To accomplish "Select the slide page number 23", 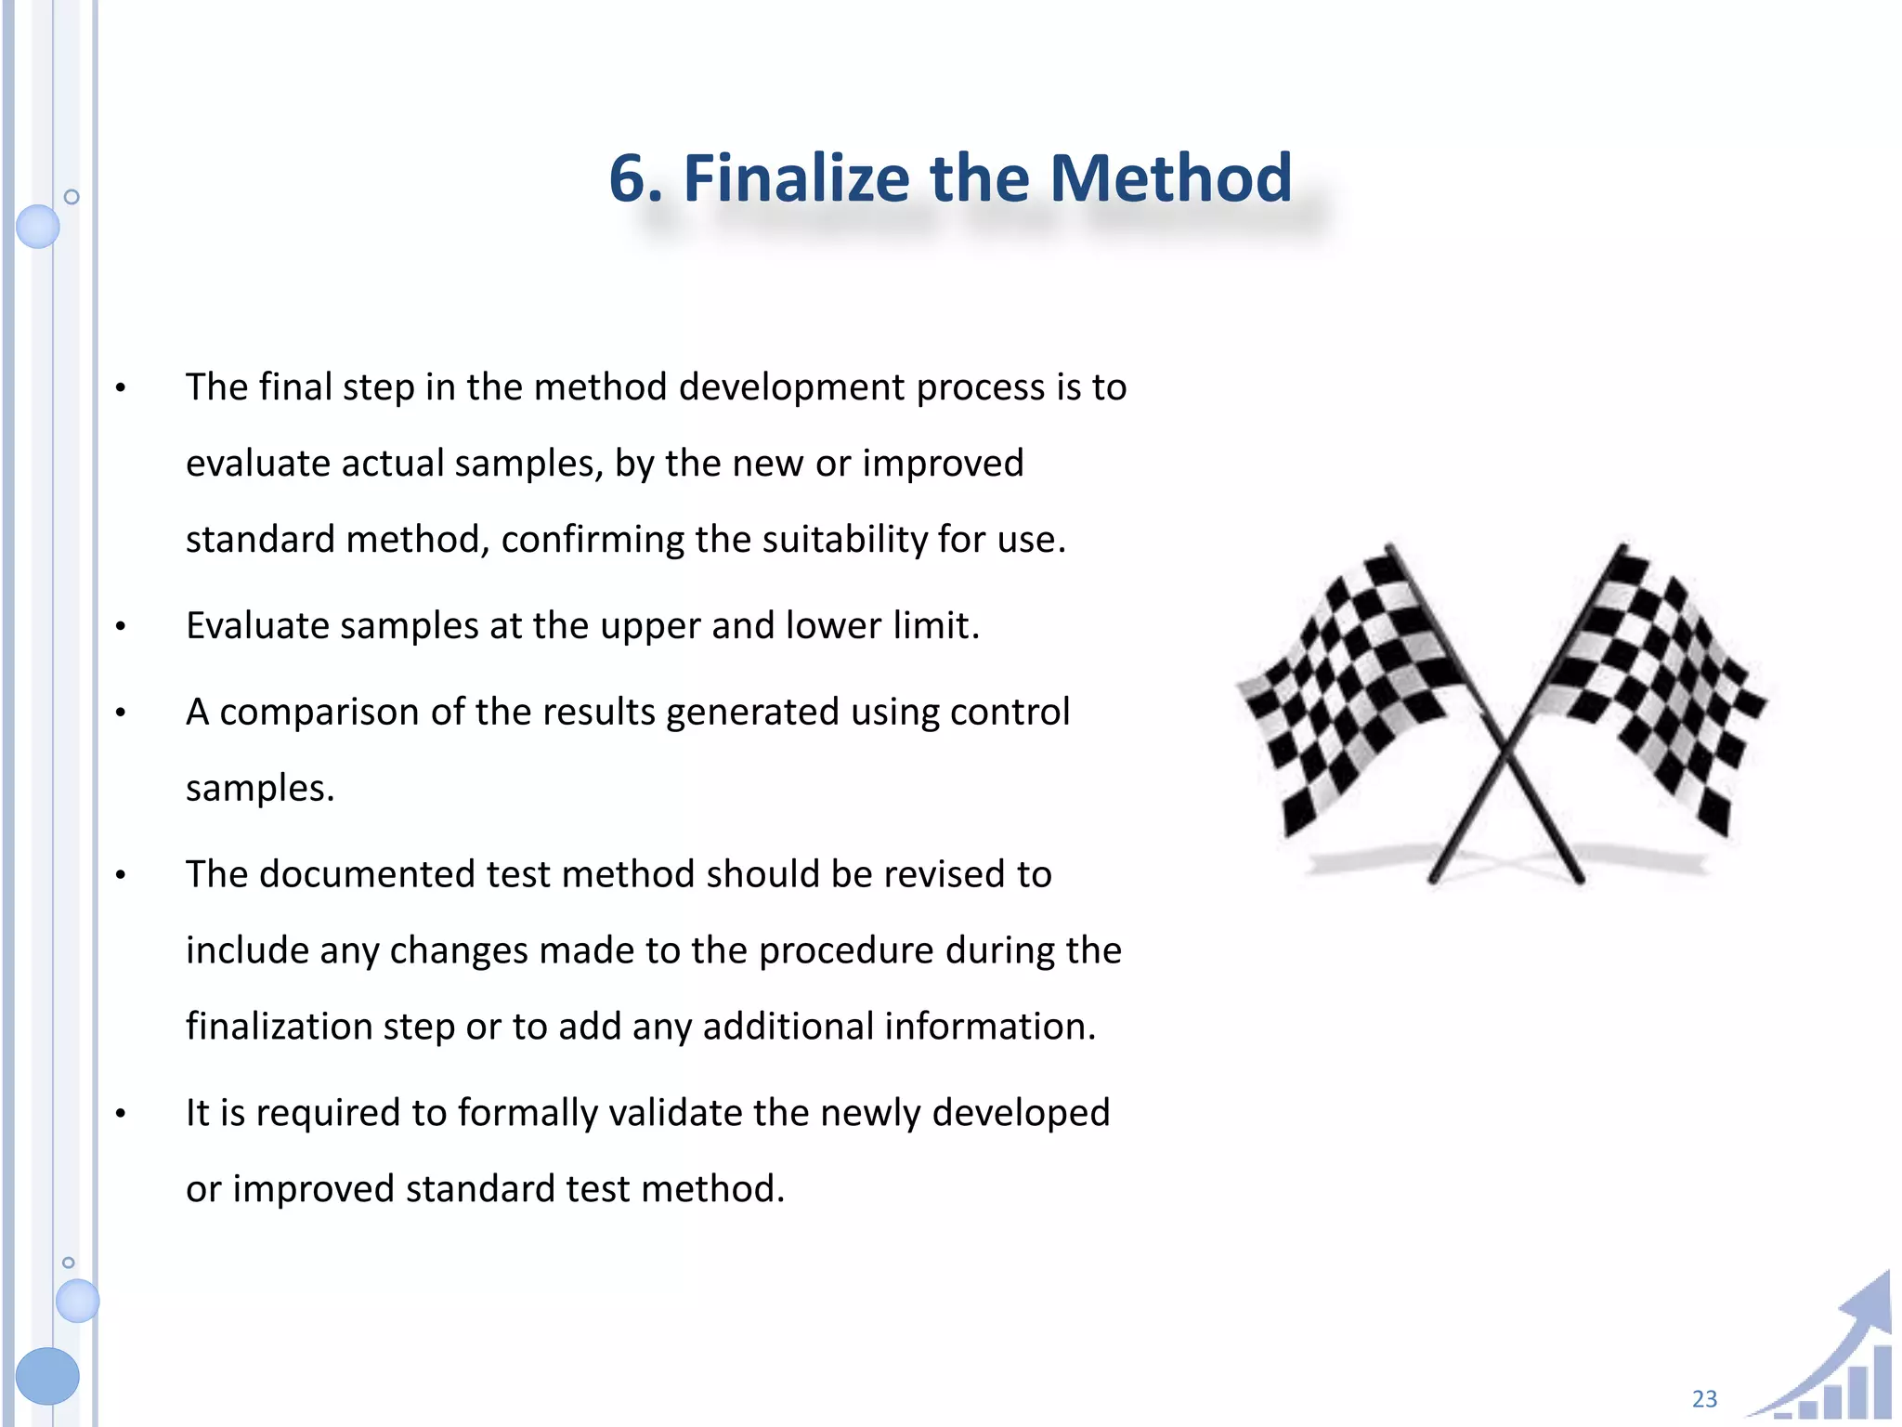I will (x=1704, y=1398).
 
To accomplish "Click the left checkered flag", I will (x=1347, y=687).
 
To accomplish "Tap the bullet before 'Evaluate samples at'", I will (x=121, y=627).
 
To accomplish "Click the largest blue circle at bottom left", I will (x=47, y=1375).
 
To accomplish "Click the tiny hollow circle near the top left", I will (x=72, y=197).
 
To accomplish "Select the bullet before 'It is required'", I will (x=121, y=1114).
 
